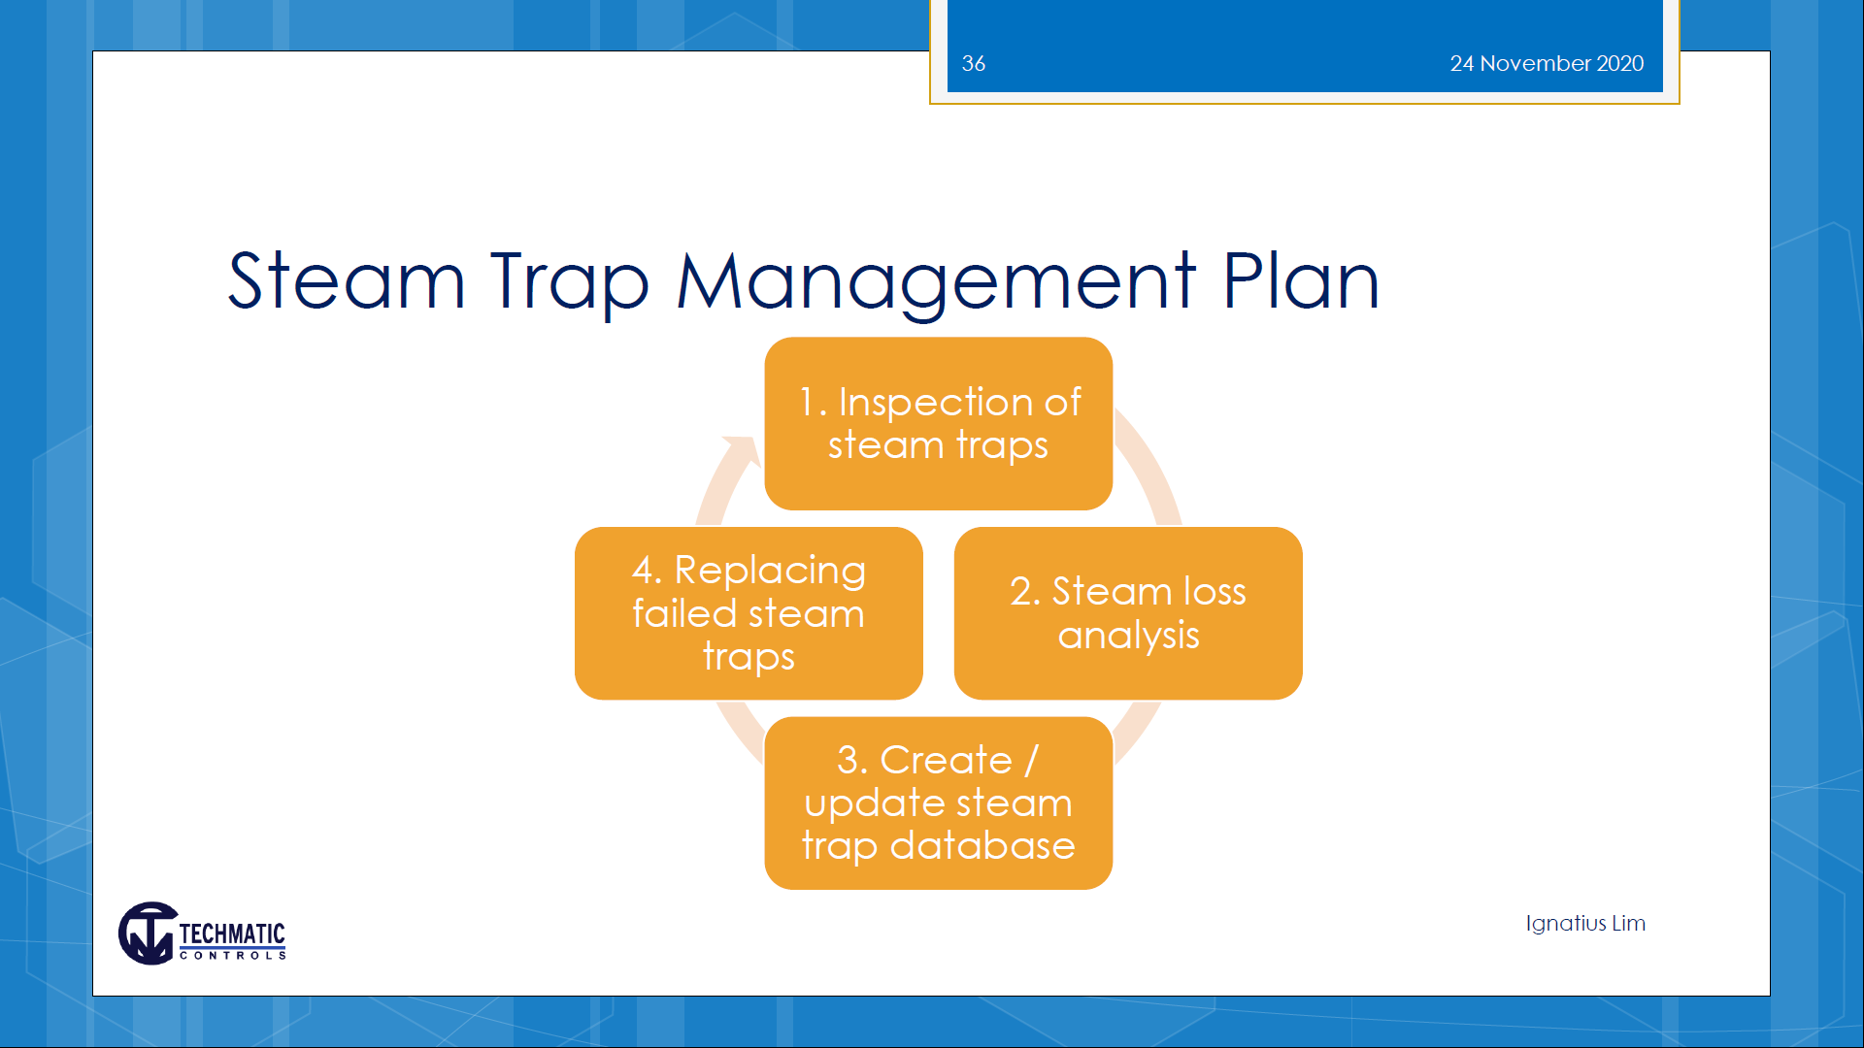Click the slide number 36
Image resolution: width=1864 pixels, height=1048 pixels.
point(973,64)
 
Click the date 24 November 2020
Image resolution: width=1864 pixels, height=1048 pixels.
point(1547,64)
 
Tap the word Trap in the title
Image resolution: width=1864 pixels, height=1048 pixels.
point(570,282)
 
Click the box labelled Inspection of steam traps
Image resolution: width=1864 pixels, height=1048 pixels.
point(938,423)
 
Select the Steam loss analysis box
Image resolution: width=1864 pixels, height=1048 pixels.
point(1128,613)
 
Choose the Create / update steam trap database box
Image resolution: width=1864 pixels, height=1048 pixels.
point(938,803)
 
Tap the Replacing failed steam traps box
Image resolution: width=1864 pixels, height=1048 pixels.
point(749,613)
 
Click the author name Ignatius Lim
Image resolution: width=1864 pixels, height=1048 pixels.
point(1585,923)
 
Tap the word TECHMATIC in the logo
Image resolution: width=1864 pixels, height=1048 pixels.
point(232,933)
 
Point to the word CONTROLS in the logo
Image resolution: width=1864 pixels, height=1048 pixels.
point(233,956)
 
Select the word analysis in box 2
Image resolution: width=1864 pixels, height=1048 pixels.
point(1128,637)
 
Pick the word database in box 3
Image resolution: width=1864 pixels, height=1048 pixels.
point(982,845)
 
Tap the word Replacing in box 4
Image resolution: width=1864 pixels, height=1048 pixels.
point(770,572)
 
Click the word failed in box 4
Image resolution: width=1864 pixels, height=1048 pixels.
point(684,613)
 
